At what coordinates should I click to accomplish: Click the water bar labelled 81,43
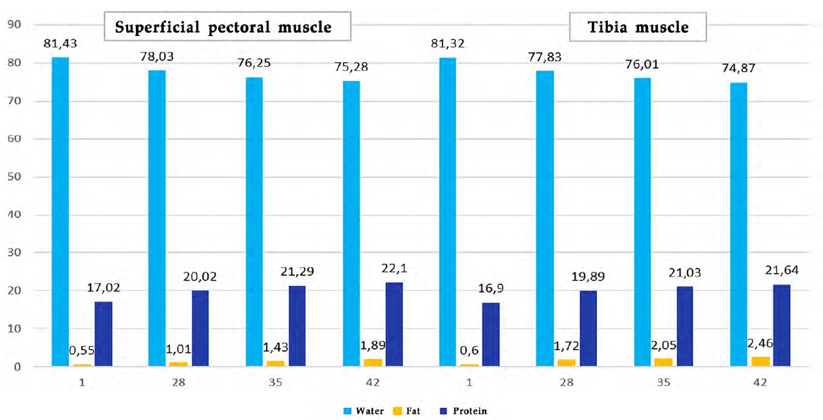pyautogui.click(x=60, y=212)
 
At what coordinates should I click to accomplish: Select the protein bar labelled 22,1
pyautogui.click(x=394, y=324)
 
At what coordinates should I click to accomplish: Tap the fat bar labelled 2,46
pyautogui.click(x=760, y=362)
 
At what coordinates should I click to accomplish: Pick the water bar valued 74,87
pyautogui.click(x=739, y=224)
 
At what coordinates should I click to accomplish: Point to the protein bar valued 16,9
pyautogui.click(x=491, y=335)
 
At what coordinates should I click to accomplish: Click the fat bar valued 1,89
pyautogui.click(x=373, y=363)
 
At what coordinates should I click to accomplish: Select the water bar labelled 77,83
pyautogui.click(x=545, y=218)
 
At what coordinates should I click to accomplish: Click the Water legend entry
pyautogui.click(x=363, y=411)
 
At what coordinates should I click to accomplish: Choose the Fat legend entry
pyautogui.click(x=407, y=411)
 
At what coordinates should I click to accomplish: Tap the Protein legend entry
pyautogui.click(x=463, y=411)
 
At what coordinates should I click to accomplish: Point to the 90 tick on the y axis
pyautogui.click(x=14, y=24)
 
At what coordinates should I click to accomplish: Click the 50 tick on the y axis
pyautogui.click(x=14, y=177)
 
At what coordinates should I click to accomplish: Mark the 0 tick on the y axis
pyautogui.click(x=17, y=367)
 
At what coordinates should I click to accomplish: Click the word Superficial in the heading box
pyautogui.click(x=158, y=27)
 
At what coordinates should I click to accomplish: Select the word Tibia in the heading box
pyautogui.click(x=607, y=27)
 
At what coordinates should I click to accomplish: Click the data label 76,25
pyautogui.click(x=254, y=63)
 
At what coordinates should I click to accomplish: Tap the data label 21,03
pyautogui.click(x=685, y=273)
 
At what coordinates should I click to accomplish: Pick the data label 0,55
pyautogui.click(x=82, y=351)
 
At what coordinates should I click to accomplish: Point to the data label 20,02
pyautogui.click(x=200, y=276)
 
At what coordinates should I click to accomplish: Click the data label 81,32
pyautogui.click(x=448, y=44)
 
